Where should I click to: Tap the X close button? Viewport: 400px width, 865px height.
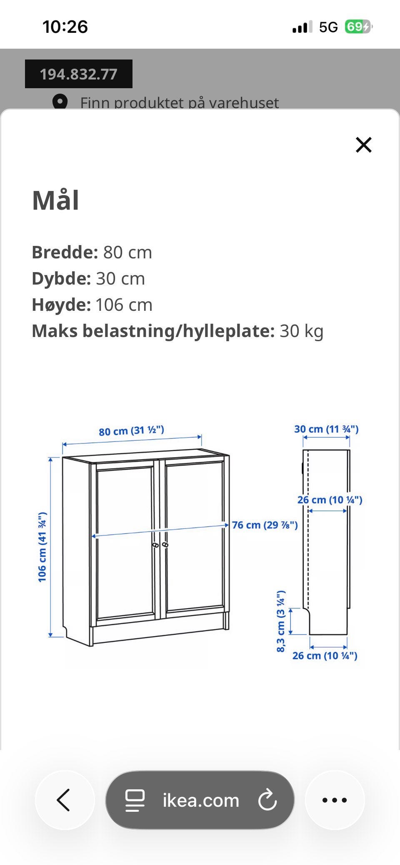(363, 145)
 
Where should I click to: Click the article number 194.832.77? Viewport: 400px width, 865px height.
(78, 74)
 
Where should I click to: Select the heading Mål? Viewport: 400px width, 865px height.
(55, 201)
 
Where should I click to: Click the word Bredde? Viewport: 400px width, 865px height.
(65, 252)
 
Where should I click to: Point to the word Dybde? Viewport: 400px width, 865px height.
(61, 278)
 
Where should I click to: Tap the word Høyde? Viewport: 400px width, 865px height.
(61, 305)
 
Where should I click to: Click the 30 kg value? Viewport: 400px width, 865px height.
(301, 331)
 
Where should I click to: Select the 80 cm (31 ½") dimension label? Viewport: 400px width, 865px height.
(131, 430)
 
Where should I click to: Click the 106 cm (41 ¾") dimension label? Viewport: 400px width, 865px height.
(42, 547)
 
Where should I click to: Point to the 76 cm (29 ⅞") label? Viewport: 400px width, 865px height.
(265, 525)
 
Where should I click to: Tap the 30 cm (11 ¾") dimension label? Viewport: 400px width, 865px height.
(326, 429)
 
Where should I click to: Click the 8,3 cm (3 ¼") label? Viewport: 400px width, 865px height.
(281, 621)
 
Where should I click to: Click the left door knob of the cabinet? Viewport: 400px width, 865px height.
(155, 545)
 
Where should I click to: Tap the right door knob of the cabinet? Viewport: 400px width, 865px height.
(165, 544)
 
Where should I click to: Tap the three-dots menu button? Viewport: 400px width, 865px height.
(335, 800)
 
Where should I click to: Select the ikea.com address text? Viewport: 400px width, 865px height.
(201, 800)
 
